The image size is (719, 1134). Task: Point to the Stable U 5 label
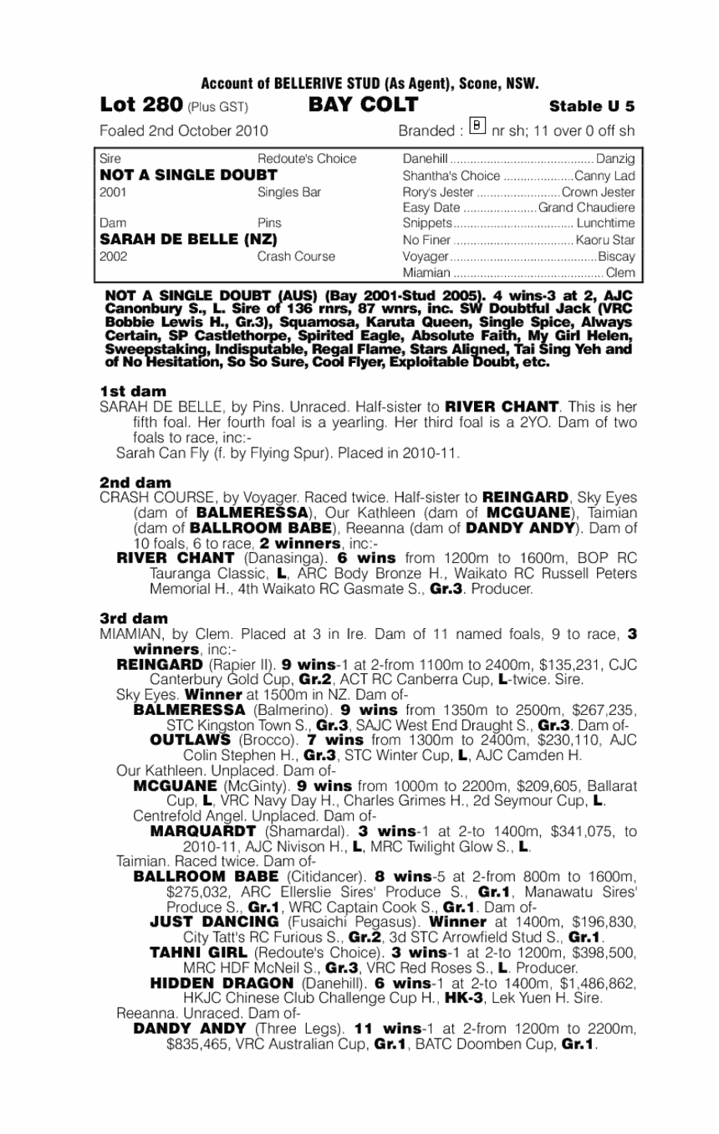(x=592, y=106)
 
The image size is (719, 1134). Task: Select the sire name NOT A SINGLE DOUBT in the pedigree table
(x=188, y=175)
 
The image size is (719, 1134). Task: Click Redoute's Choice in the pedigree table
(x=307, y=159)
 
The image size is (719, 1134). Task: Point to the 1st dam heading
(x=132, y=391)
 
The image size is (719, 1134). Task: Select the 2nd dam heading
(x=135, y=483)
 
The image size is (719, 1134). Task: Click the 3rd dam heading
(x=134, y=618)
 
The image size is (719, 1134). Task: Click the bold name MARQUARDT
(x=202, y=831)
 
